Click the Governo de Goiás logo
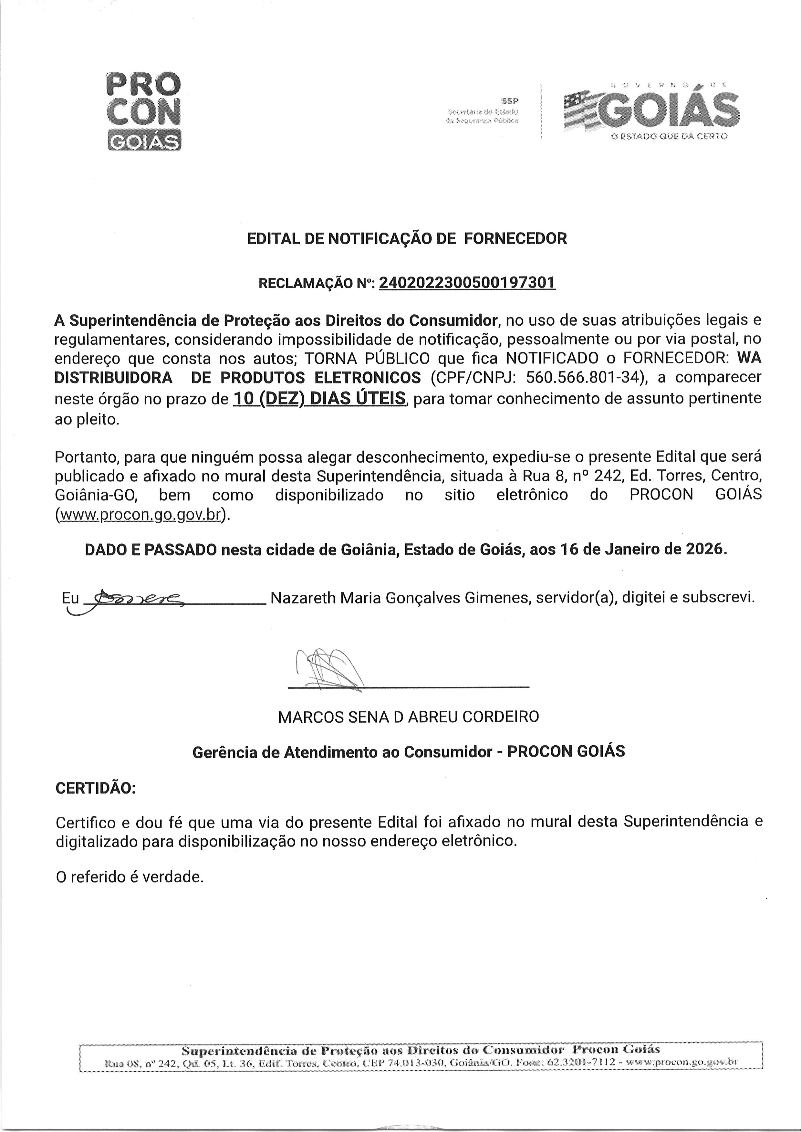(x=651, y=111)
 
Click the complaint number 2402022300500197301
(x=467, y=283)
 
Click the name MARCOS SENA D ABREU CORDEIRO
(x=408, y=717)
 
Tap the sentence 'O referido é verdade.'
(x=130, y=877)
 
